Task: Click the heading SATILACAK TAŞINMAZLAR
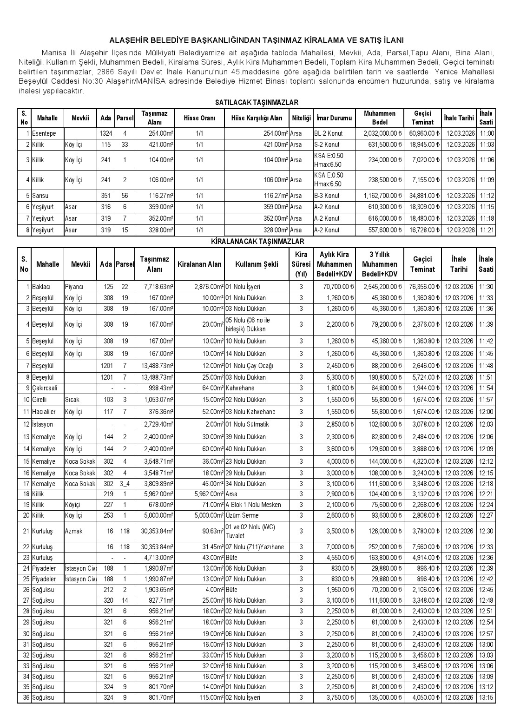257,102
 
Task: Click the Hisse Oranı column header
199,118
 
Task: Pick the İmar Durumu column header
334,118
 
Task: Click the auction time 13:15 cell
486,697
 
